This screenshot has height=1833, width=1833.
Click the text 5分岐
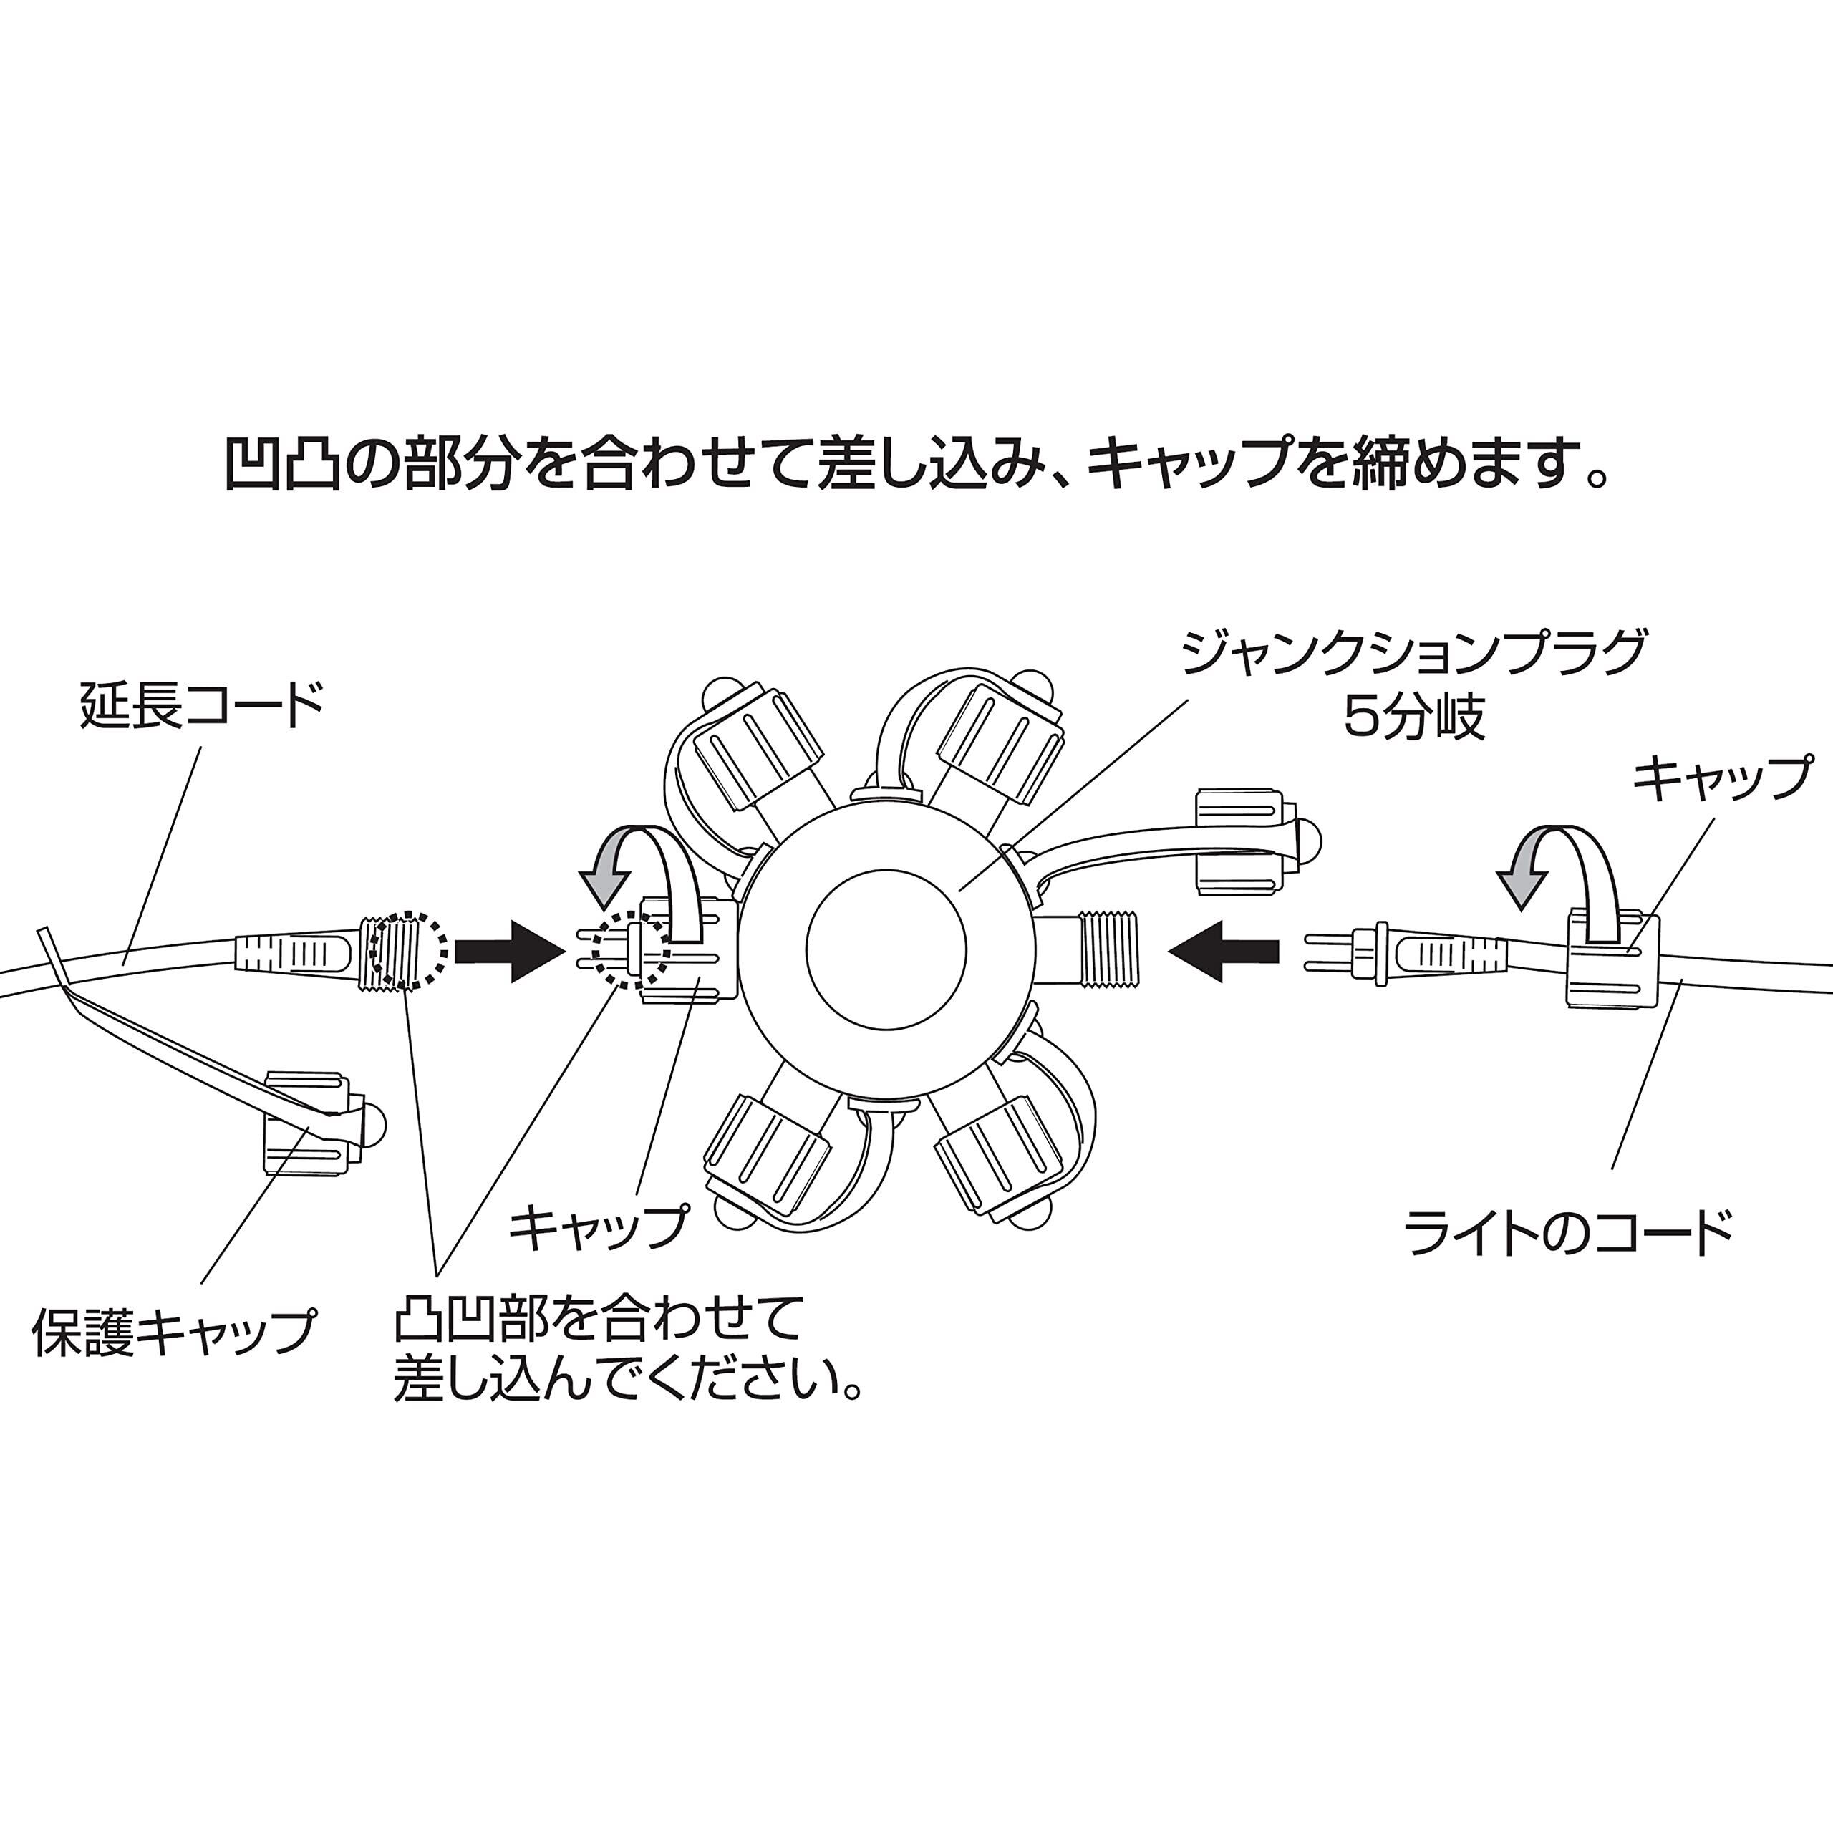[1413, 718]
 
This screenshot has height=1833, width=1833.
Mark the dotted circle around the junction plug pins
[630, 949]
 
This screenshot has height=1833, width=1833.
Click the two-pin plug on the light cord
[1348, 952]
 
